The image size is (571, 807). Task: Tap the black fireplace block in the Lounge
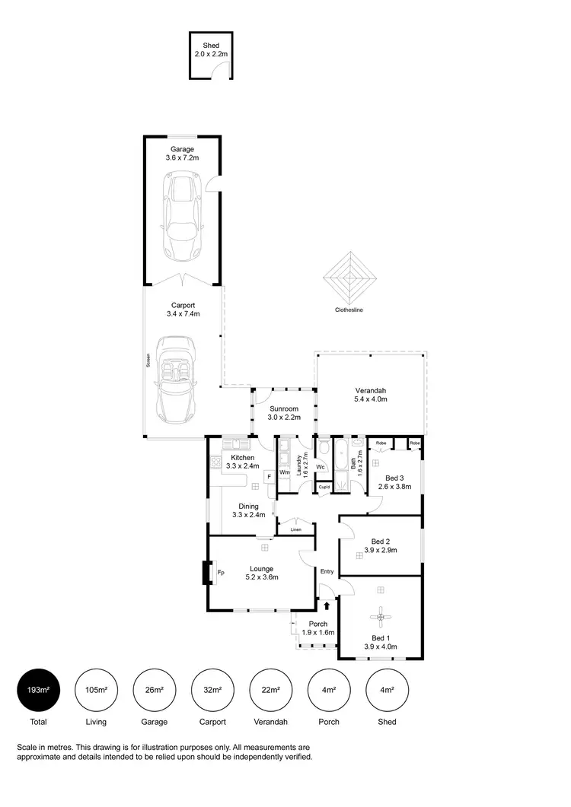point(206,572)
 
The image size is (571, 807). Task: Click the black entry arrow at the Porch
point(327,605)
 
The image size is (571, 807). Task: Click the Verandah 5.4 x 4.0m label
point(371,395)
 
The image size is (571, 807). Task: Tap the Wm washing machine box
point(284,472)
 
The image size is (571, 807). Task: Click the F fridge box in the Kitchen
point(268,476)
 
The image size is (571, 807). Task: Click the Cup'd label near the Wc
point(324,486)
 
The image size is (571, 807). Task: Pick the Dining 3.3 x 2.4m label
point(248,510)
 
